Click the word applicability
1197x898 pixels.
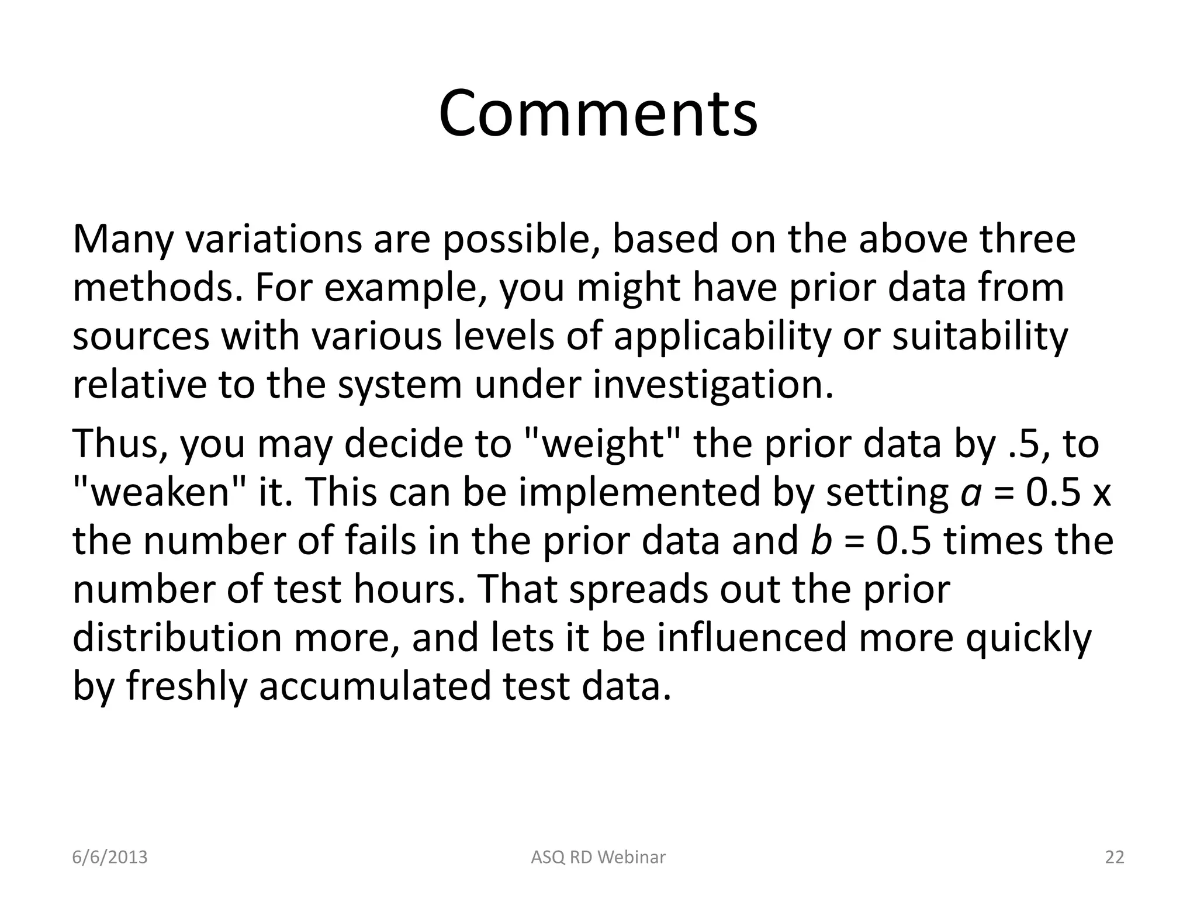click(721, 337)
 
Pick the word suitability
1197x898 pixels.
click(980, 337)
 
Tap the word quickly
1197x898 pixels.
click(1028, 638)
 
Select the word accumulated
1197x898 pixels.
click(374, 686)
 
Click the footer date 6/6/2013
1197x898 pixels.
click(110, 857)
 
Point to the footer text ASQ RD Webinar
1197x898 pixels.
click(598, 857)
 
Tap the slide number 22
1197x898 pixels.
click(1115, 857)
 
